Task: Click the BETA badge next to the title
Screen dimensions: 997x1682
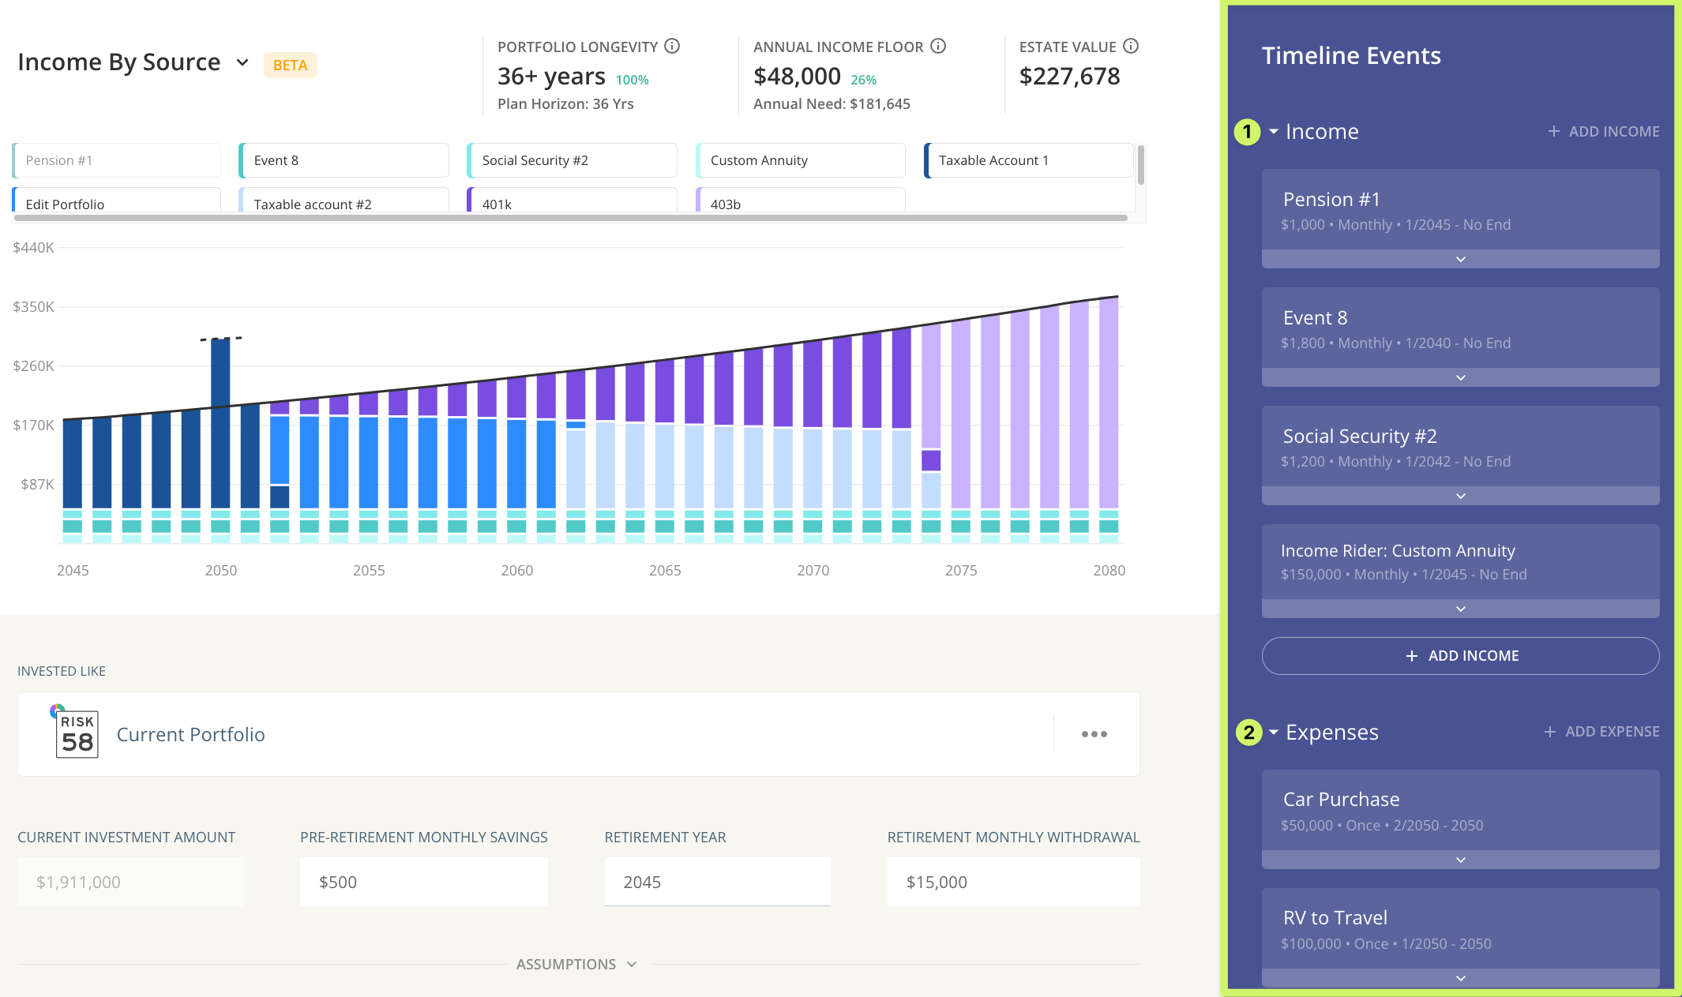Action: (290, 66)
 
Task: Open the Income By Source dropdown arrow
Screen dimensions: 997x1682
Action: (242, 62)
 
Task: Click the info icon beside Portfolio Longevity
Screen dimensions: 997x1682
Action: (672, 47)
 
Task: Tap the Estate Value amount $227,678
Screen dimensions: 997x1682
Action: (1069, 77)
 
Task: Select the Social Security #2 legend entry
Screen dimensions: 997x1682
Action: (571, 160)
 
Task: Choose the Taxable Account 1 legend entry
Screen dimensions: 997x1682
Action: (1027, 160)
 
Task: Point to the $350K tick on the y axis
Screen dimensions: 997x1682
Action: (33, 306)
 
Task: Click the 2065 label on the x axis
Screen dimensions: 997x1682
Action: (665, 570)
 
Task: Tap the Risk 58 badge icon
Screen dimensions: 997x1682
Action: (77, 733)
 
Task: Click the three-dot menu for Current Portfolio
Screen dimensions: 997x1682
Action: (1094, 734)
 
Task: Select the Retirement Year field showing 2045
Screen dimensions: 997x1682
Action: (717, 882)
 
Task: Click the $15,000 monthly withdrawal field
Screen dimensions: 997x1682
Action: (1012, 882)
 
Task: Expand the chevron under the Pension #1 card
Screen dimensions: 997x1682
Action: (1460, 259)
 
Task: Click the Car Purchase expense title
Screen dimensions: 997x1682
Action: (1341, 799)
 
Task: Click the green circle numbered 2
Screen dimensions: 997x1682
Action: (1248, 732)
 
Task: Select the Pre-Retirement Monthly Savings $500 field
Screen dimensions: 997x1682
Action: (423, 882)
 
